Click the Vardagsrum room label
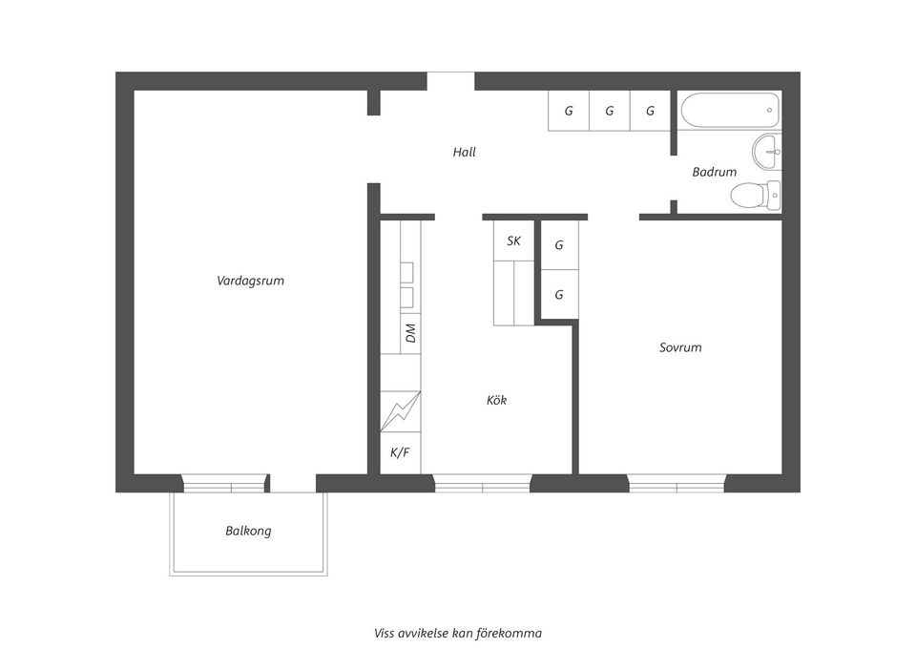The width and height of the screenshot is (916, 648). [250, 281]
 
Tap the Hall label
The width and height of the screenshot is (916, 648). [464, 152]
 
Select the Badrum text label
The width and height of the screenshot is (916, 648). [714, 172]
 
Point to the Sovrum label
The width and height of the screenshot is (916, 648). [680, 347]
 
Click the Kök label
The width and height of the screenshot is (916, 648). [496, 400]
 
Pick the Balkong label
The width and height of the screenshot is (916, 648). [248, 531]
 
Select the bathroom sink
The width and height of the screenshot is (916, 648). [768, 151]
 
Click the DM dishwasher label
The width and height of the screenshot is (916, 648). [410, 333]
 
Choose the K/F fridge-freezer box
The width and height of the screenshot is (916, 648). [400, 452]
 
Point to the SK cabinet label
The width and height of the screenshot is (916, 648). [513, 240]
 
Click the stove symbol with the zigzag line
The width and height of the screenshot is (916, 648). [400, 411]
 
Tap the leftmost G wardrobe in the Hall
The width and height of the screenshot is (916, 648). [569, 111]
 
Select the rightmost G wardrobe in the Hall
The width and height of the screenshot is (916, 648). [650, 111]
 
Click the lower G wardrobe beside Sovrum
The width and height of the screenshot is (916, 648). [559, 295]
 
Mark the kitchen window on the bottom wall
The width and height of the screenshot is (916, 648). [483, 483]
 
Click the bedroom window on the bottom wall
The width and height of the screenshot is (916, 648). [677, 483]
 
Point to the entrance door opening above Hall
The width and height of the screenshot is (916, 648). [450, 81]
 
